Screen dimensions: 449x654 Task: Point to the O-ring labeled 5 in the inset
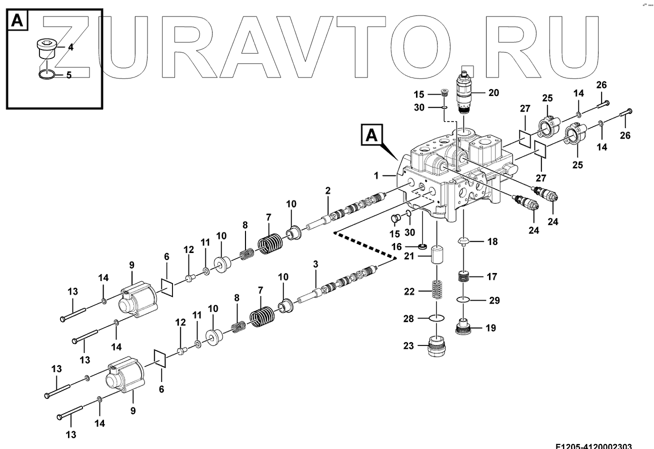46,75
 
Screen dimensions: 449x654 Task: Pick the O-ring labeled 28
436,318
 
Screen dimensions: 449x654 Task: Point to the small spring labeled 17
465,276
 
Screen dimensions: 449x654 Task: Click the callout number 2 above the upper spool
328,190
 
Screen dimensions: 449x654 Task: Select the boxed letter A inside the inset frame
17,20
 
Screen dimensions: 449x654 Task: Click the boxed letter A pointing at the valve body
371,135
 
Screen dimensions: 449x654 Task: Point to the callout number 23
409,345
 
